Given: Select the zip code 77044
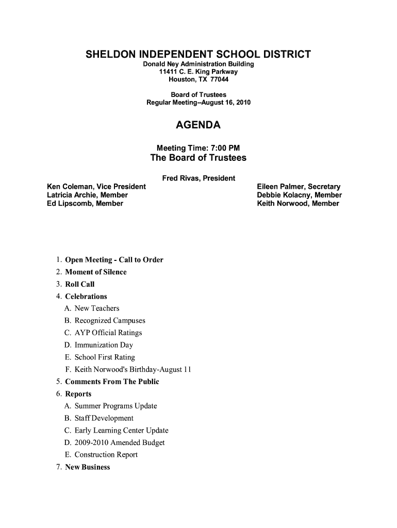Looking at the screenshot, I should (219, 80).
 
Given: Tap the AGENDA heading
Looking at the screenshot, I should (198, 125).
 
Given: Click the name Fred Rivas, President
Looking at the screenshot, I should (198, 178).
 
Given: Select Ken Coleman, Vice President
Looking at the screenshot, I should (96, 187).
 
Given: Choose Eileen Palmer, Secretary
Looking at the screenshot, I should (299, 187).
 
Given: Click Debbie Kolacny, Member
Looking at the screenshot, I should (299, 195).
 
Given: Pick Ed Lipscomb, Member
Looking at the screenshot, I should (85, 203).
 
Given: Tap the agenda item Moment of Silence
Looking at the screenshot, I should (95, 272).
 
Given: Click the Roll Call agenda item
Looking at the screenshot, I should (80, 284).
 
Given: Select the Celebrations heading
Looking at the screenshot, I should (86, 296).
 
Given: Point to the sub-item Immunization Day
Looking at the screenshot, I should (104, 345).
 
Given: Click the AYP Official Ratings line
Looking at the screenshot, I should (108, 333).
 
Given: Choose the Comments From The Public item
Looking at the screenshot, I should (112, 382).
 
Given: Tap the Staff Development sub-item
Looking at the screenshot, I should (104, 418).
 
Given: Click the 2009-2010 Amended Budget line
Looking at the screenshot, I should (120, 442).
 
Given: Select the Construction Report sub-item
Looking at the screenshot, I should (106, 455).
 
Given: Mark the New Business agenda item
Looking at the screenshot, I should (88, 467).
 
